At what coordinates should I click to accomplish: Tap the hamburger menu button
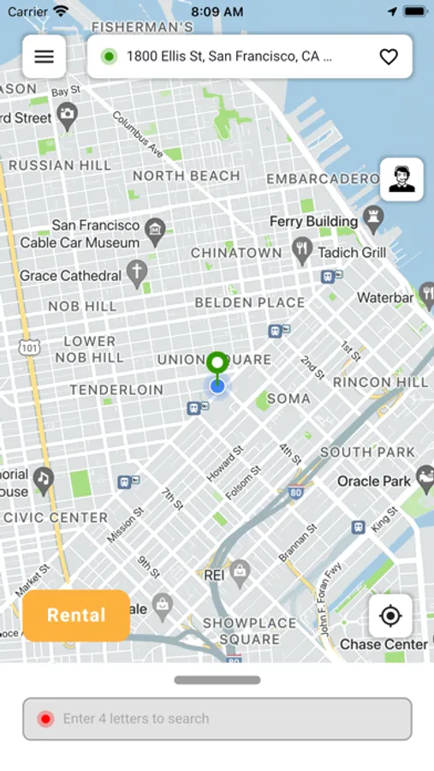pyautogui.click(x=44, y=57)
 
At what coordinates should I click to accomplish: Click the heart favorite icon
pyautogui.click(x=389, y=57)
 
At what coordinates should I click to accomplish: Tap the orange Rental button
pyautogui.click(x=76, y=615)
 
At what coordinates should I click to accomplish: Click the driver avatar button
pyautogui.click(x=401, y=179)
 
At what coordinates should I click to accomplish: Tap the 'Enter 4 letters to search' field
pyautogui.click(x=217, y=719)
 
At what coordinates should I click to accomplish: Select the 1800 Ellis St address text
pyautogui.click(x=223, y=57)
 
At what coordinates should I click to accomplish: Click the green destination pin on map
pyautogui.click(x=217, y=363)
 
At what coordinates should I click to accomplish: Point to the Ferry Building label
pyautogui.click(x=313, y=221)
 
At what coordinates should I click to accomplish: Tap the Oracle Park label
pyautogui.click(x=374, y=481)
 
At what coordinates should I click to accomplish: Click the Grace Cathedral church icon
pyautogui.click(x=137, y=274)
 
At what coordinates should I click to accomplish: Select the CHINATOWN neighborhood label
pyautogui.click(x=236, y=253)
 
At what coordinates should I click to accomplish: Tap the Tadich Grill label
pyautogui.click(x=352, y=253)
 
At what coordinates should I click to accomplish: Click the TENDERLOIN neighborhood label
pyautogui.click(x=116, y=390)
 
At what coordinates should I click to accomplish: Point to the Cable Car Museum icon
pyautogui.click(x=155, y=229)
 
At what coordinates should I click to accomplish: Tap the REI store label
pyautogui.click(x=214, y=576)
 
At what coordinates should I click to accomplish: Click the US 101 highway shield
pyautogui.click(x=29, y=347)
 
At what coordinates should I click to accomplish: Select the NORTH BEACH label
pyautogui.click(x=187, y=176)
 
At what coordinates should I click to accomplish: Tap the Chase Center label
pyautogui.click(x=383, y=644)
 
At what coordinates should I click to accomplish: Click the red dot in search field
pyautogui.click(x=46, y=719)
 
